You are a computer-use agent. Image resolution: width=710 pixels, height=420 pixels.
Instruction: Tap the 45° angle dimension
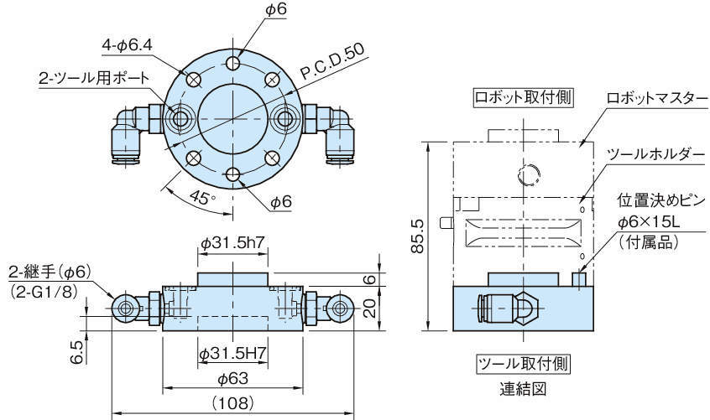[201, 198]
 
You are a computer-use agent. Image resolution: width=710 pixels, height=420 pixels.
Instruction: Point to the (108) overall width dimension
[232, 403]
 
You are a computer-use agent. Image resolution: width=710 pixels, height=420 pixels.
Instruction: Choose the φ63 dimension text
[233, 378]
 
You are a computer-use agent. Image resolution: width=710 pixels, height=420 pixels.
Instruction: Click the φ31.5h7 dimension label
[232, 242]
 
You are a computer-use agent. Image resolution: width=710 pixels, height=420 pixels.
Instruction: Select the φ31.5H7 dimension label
[232, 354]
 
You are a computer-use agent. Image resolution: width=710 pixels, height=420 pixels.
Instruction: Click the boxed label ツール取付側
[524, 365]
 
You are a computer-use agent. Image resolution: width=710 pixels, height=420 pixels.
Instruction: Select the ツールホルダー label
[651, 153]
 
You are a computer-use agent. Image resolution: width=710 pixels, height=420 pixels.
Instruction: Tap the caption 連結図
[524, 389]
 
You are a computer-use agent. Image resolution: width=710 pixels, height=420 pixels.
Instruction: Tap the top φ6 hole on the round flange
[235, 64]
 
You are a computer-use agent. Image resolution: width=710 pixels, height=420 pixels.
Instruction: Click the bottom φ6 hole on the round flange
[235, 174]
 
